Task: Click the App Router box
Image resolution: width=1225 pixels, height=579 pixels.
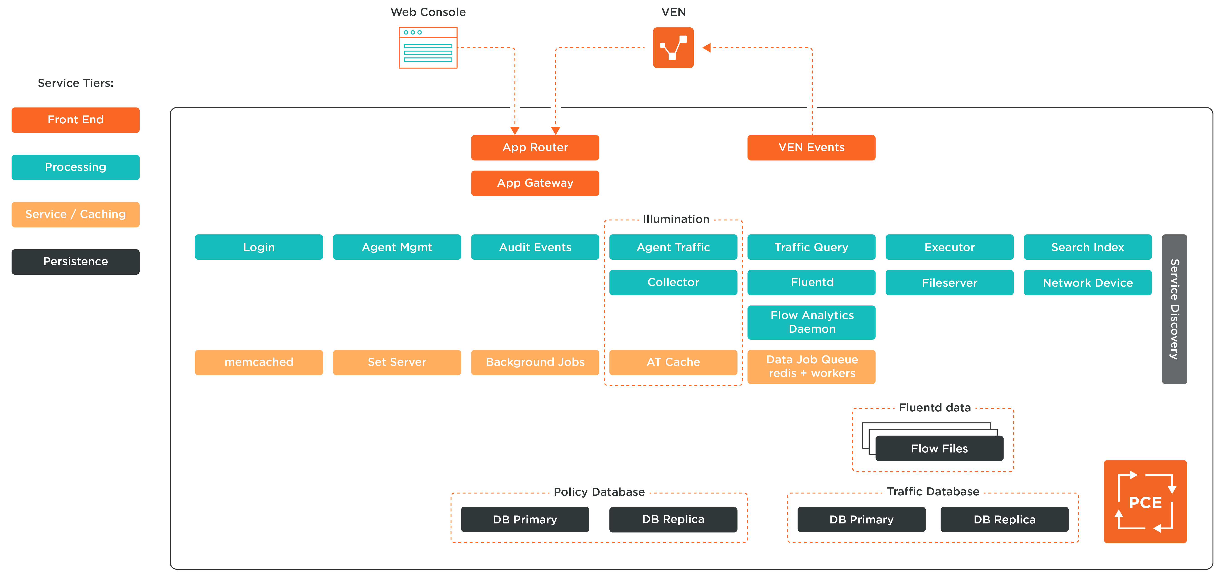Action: click(535, 147)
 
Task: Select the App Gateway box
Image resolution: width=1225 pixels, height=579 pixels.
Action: click(535, 183)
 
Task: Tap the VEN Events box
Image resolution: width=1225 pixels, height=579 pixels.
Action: click(811, 147)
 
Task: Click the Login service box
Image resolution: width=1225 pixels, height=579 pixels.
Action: click(259, 247)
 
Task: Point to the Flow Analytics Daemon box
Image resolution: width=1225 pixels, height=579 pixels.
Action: click(811, 322)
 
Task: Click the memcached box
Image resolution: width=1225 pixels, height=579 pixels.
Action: click(259, 362)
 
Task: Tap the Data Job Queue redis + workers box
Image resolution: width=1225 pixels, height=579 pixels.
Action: click(811, 366)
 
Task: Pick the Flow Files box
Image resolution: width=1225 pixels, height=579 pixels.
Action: click(939, 448)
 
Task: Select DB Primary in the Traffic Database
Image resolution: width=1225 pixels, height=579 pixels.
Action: click(861, 519)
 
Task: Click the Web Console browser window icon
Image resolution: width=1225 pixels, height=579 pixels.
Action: click(427, 48)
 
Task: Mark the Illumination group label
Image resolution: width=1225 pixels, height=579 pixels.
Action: click(676, 219)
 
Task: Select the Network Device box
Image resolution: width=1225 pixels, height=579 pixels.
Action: click(1088, 283)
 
